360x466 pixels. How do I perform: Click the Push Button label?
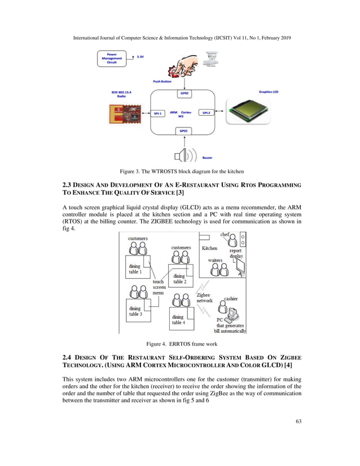[163, 81]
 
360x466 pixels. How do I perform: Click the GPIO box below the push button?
[184, 93]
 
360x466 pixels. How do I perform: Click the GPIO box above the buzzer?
[183, 131]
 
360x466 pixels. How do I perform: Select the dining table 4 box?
[181, 320]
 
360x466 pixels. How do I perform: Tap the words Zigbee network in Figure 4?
[204, 297]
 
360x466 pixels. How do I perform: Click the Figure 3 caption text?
[179, 171]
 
